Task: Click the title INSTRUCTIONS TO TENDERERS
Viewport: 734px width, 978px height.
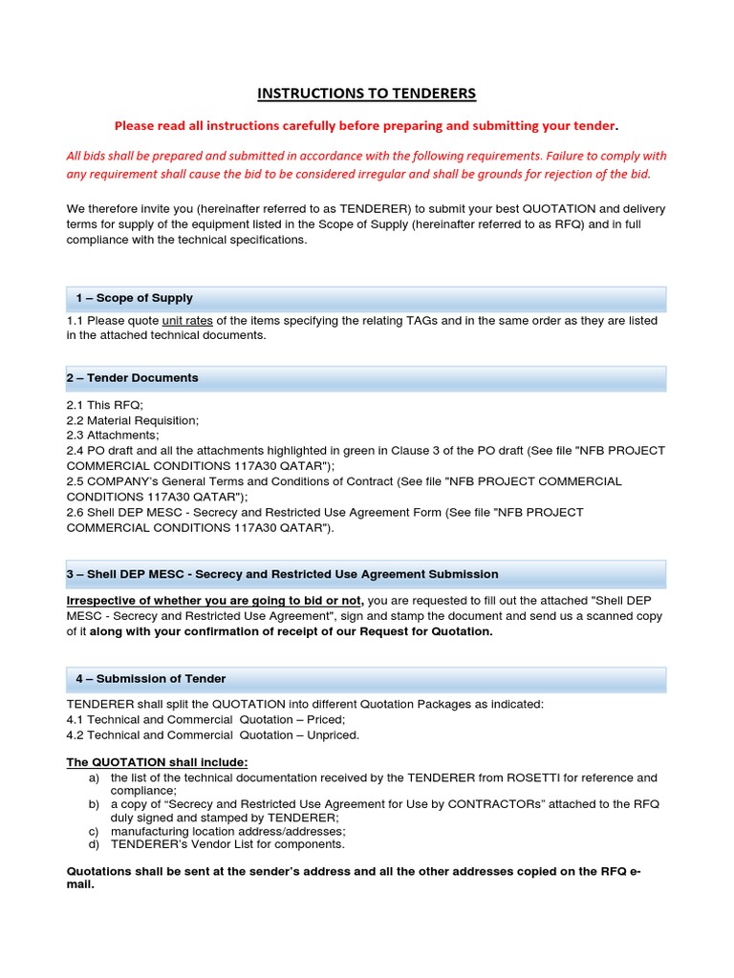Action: (x=366, y=94)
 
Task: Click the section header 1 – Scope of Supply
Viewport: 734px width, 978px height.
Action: (x=135, y=299)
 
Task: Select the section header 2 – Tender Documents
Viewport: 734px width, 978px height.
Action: (x=132, y=378)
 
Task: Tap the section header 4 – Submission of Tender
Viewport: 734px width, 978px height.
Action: (x=151, y=679)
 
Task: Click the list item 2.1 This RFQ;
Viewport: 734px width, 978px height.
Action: (x=104, y=405)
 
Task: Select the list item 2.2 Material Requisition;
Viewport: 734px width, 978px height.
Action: (x=132, y=420)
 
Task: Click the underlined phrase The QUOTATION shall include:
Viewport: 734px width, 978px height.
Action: (x=157, y=762)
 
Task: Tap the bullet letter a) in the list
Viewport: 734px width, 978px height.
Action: (x=93, y=777)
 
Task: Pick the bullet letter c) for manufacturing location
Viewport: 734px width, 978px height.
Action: (x=93, y=831)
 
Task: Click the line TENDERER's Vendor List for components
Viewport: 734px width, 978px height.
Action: (x=227, y=844)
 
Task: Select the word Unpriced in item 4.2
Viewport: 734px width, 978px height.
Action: (x=334, y=734)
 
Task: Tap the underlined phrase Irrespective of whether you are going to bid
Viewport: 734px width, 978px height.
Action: (x=214, y=600)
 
